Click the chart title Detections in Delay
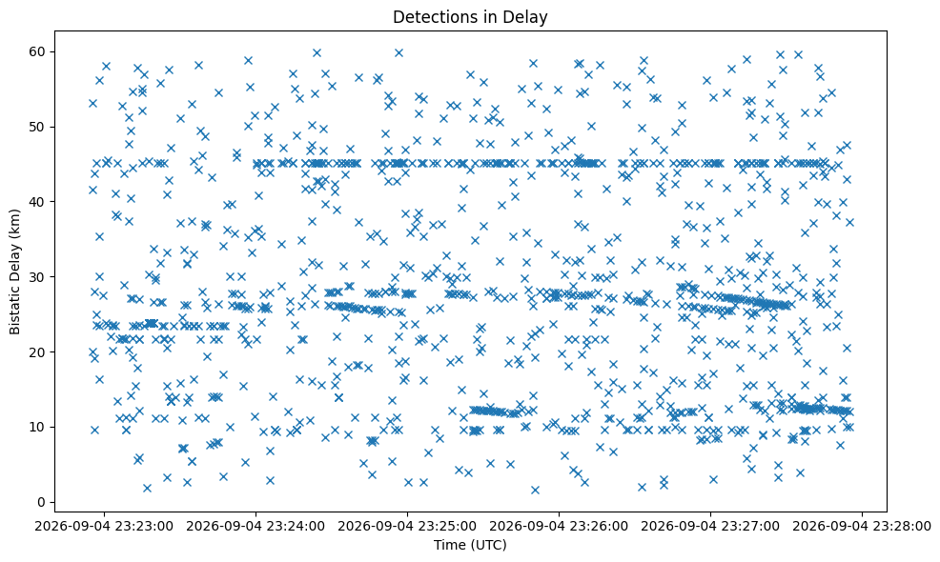click(470, 17)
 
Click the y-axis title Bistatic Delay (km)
click(14, 272)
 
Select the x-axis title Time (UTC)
click(470, 545)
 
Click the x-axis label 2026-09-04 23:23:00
click(104, 527)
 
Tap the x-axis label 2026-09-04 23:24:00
click(256, 527)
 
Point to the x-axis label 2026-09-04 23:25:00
click(408, 527)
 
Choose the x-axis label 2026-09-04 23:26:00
click(560, 527)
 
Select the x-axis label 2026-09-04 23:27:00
click(711, 527)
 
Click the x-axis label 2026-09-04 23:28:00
click(863, 527)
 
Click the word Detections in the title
click(430, 17)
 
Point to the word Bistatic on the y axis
click(14, 312)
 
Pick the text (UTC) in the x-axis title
click(491, 545)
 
